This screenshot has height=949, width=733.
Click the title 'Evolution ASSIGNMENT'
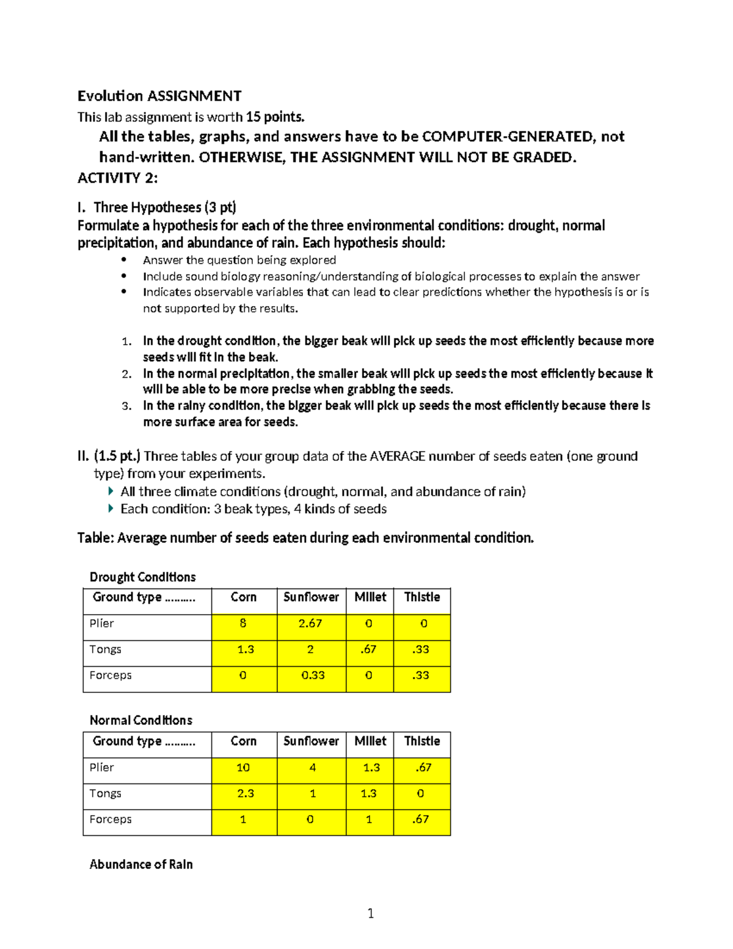(159, 96)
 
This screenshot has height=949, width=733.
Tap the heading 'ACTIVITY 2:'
(117, 178)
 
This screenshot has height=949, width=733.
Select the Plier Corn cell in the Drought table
(244, 624)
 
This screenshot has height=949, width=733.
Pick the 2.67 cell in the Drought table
(310, 624)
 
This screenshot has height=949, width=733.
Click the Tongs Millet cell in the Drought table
(369, 650)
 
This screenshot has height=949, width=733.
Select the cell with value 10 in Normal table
(243, 768)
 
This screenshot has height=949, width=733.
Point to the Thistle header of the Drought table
(421, 597)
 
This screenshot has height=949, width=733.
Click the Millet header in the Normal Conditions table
(370, 741)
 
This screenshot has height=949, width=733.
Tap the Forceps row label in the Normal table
(111, 819)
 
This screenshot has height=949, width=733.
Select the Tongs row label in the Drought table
(105, 650)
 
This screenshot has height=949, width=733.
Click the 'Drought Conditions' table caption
(142, 577)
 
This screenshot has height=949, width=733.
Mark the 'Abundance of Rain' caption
(141, 864)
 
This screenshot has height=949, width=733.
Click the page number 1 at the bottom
(370, 914)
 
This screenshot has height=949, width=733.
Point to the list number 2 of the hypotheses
(126, 374)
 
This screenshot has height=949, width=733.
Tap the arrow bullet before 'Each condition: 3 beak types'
(111, 508)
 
